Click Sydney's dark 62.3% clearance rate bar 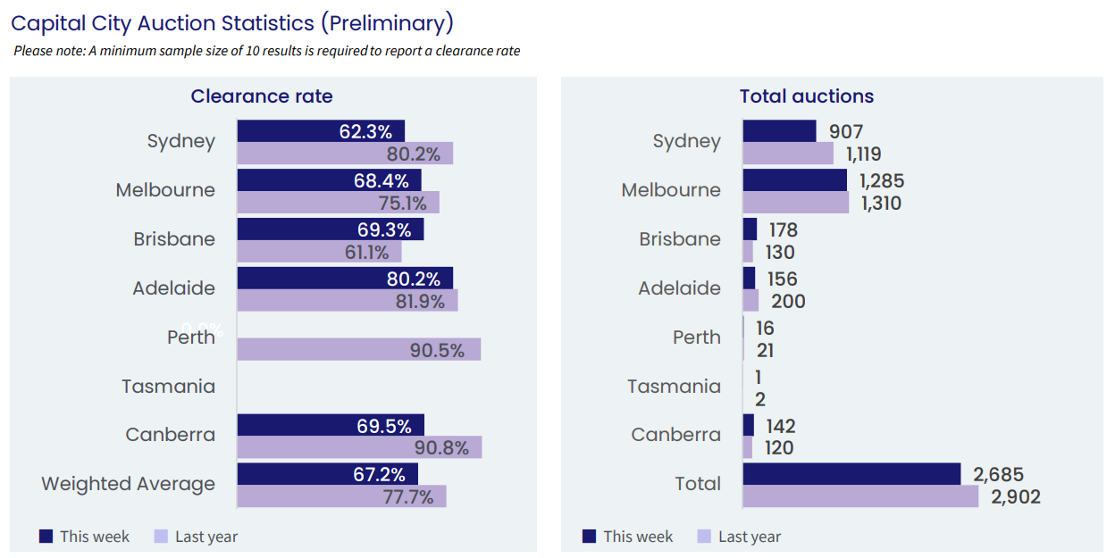(321, 131)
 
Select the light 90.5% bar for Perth (359, 349)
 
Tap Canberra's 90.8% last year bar (359, 447)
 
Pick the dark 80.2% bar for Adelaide (345, 278)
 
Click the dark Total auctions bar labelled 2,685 (851, 474)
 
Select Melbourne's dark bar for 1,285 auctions (794, 180)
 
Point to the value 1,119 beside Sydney (863, 154)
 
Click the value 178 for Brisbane (784, 230)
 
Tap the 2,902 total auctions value (1016, 496)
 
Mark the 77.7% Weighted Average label (408, 496)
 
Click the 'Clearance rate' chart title (262, 96)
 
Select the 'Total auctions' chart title (807, 96)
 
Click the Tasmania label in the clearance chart (169, 387)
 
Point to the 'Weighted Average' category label (128, 484)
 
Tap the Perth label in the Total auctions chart (696, 337)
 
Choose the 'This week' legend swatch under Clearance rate (46, 537)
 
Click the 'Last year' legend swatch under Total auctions (704, 537)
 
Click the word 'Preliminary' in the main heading (387, 24)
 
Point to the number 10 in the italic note (252, 51)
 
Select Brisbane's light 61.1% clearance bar (319, 252)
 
